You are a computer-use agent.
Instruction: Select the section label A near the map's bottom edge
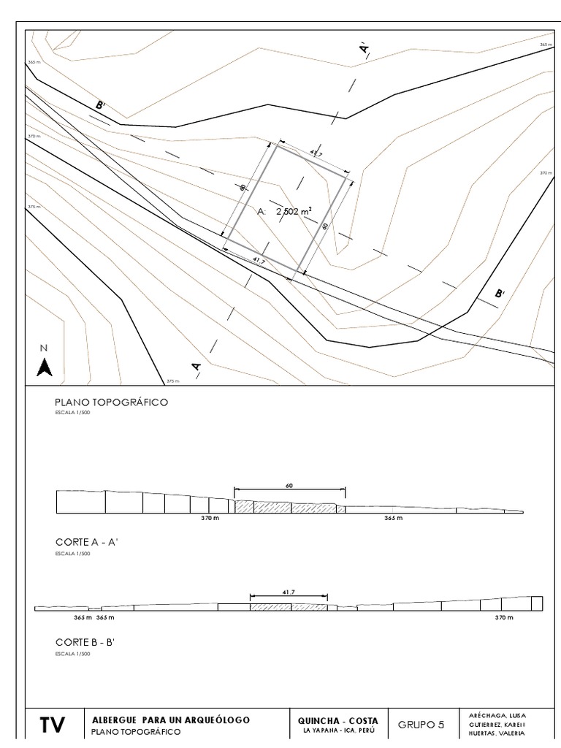pyautogui.click(x=196, y=367)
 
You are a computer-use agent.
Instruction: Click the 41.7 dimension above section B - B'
pyautogui.click(x=288, y=593)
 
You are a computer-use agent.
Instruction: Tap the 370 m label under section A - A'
pyautogui.click(x=210, y=518)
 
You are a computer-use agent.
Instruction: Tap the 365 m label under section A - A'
pyautogui.click(x=393, y=518)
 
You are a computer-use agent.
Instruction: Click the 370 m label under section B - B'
pyautogui.click(x=504, y=618)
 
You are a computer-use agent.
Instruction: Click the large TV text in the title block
pyautogui.click(x=52, y=725)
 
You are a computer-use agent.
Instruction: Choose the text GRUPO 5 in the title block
pyautogui.click(x=420, y=725)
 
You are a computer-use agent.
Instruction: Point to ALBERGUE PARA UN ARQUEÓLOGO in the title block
pyautogui.click(x=171, y=720)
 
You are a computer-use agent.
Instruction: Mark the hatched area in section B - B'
pyautogui.click(x=288, y=607)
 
